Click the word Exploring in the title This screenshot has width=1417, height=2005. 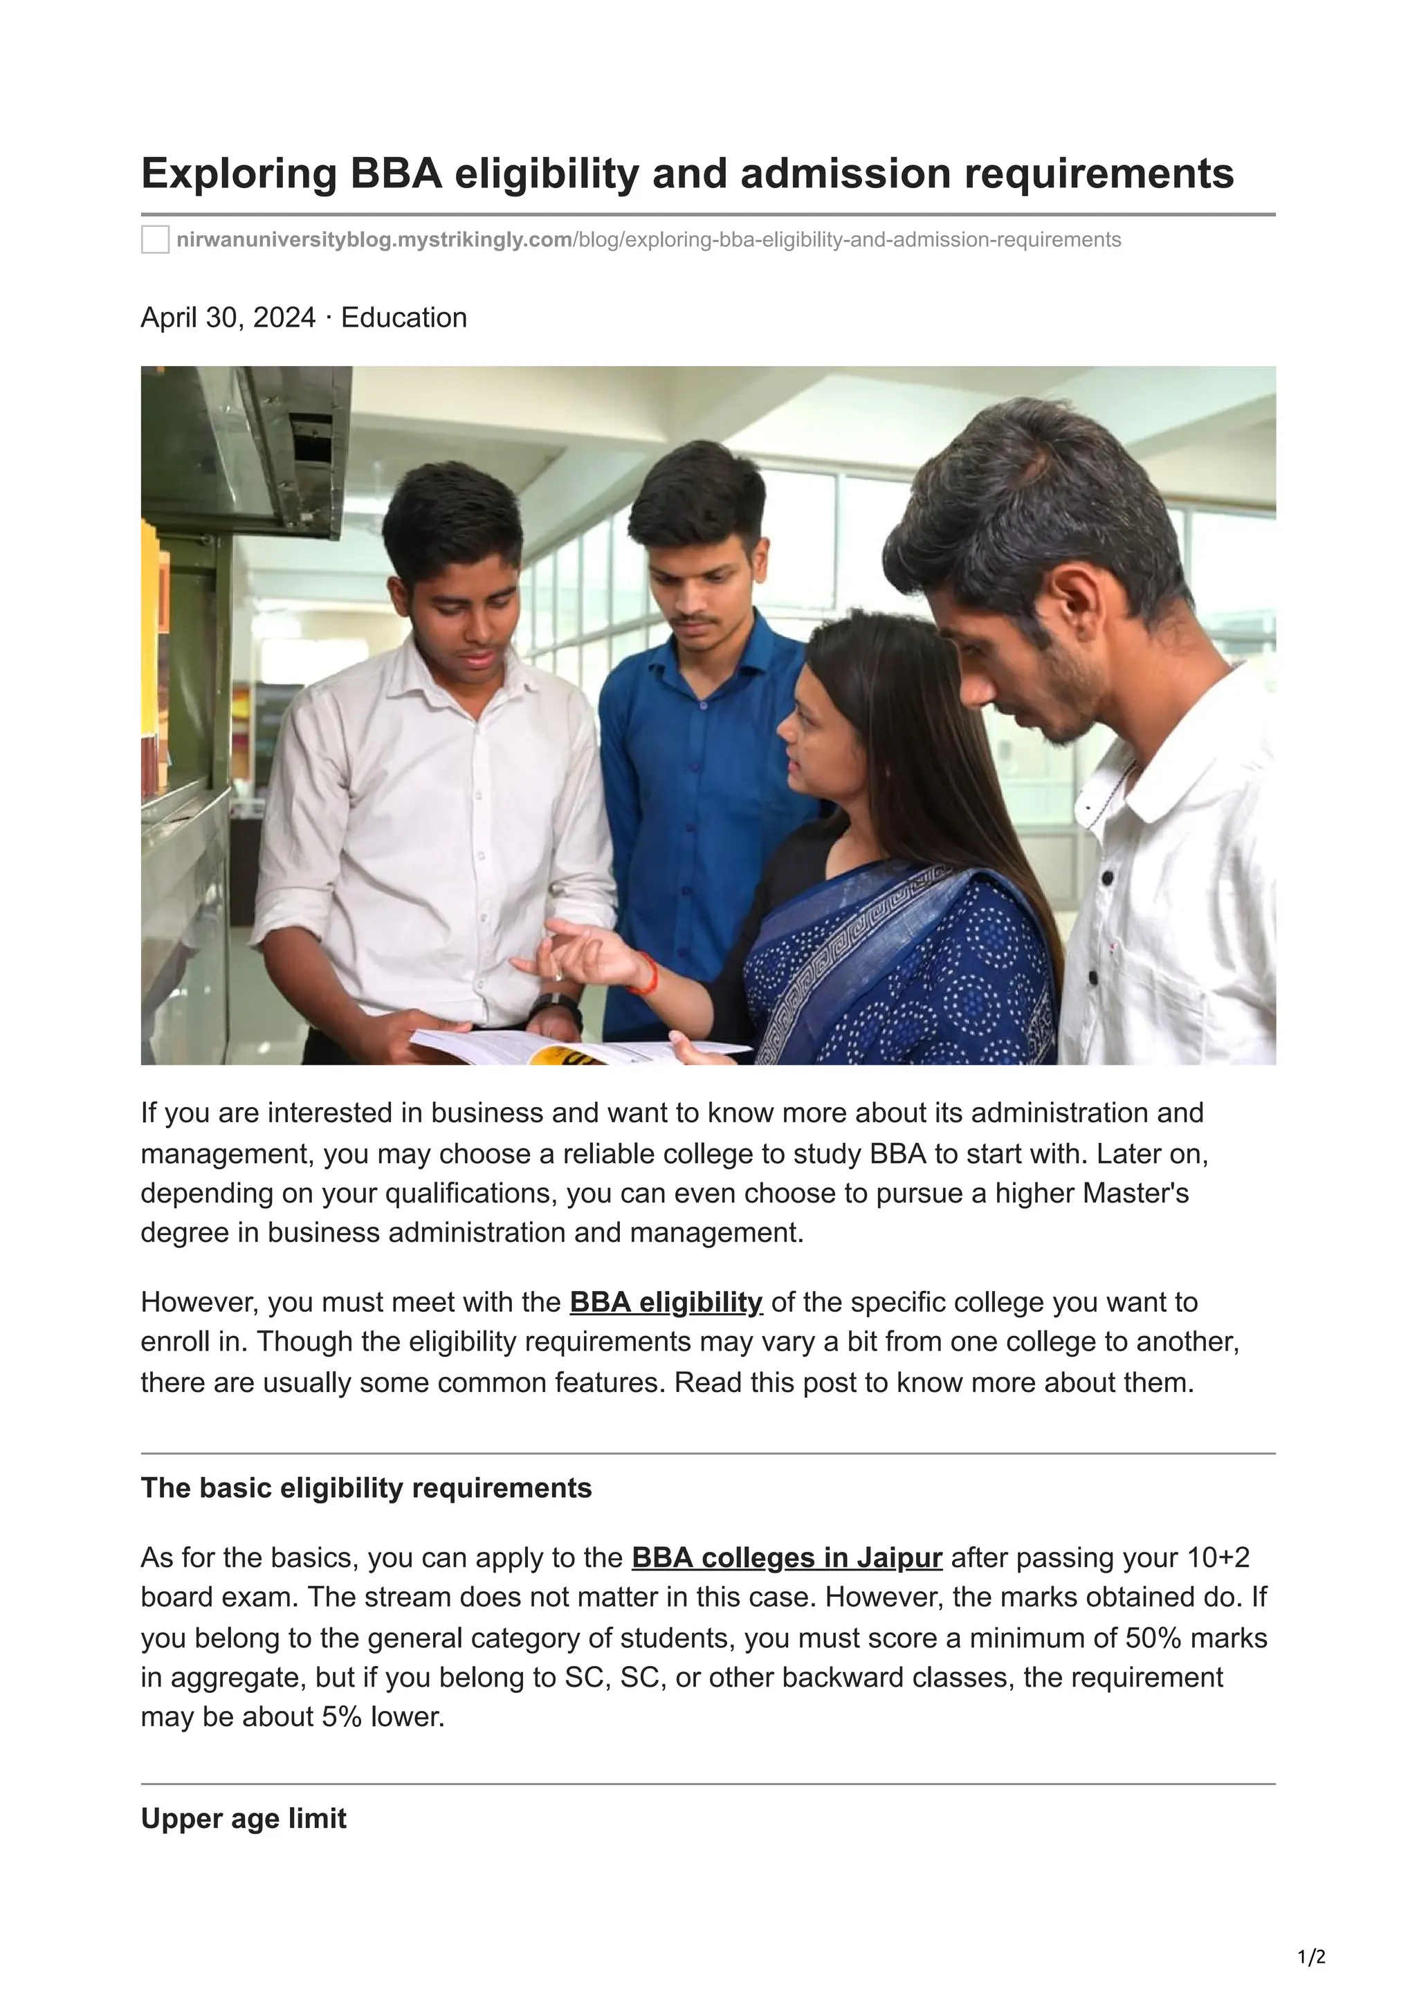coord(238,174)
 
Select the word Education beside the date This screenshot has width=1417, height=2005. coord(403,317)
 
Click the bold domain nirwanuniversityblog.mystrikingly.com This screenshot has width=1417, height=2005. coord(374,239)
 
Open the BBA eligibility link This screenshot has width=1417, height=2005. coord(666,1302)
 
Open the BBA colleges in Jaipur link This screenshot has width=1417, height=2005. coord(786,1558)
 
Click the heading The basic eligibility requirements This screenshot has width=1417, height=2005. coord(366,1488)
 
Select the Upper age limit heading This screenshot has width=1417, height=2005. coord(244,1819)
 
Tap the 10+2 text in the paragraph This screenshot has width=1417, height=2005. coord(1218,1558)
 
